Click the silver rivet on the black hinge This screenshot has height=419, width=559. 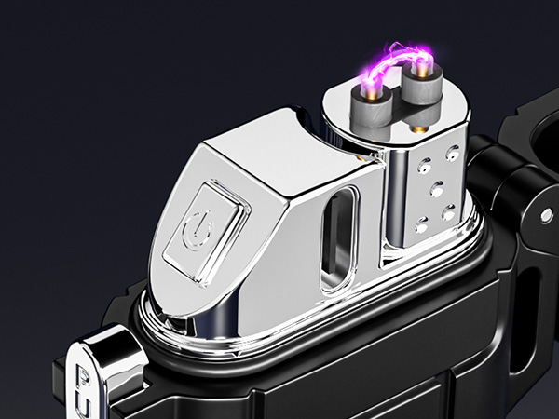546,215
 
